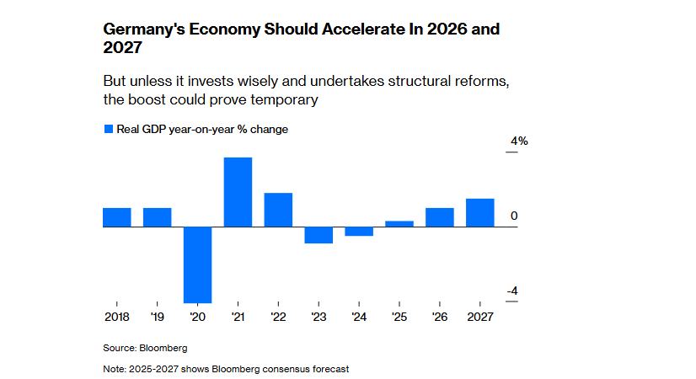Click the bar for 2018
pyautogui.click(x=117, y=217)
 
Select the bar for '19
pyautogui.click(x=157, y=217)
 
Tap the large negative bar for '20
pyautogui.click(x=197, y=264)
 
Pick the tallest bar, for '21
pyautogui.click(x=238, y=192)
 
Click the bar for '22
pyautogui.click(x=278, y=210)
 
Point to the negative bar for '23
pyautogui.click(x=319, y=235)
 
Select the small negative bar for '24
pyautogui.click(x=359, y=232)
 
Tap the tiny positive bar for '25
pyautogui.click(x=399, y=224)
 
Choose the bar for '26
pyautogui.click(x=440, y=217)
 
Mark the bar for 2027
pyautogui.click(x=480, y=213)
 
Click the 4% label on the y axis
pyautogui.click(x=517, y=141)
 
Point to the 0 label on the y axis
pyautogui.click(x=514, y=216)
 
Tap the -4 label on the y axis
pyautogui.click(x=512, y=291)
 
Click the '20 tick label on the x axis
pyautogui.click(x=197, y=317)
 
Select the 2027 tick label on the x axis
pyautogui.click(x=480, y=317)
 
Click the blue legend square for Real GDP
pyautogui.click(x=108, y=129)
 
